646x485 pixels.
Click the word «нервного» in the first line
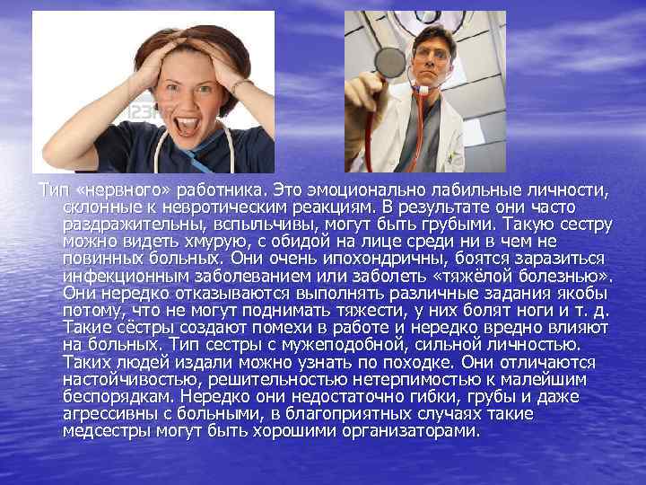tap(112, 190)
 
